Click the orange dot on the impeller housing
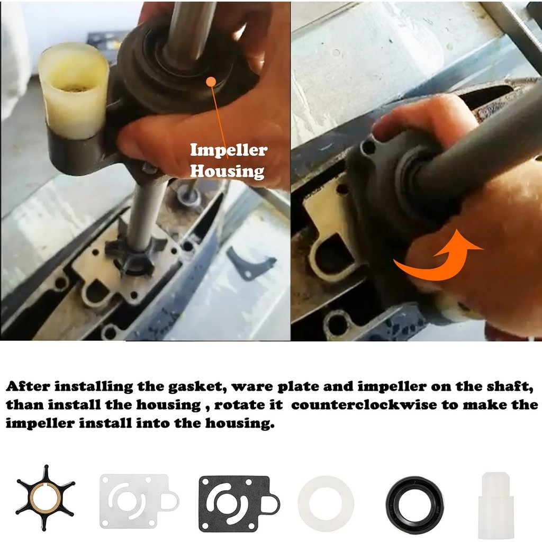point(211,82)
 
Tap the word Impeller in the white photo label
point(229,150)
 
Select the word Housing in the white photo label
point(227,171)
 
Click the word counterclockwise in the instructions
point(364,405)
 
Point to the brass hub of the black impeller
point(46,498)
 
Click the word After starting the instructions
point(28,386)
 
